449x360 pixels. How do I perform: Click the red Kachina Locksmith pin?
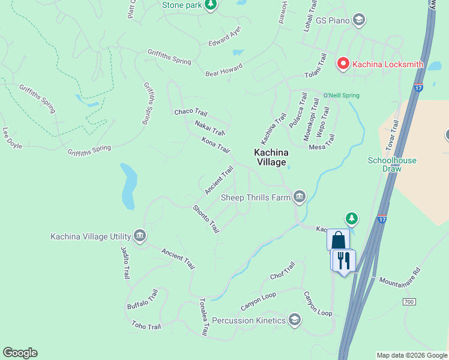coord(343,63)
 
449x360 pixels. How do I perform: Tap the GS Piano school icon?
coord(359,20)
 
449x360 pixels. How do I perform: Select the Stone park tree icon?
coord(210,5)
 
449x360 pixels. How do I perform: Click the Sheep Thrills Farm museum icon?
coord(299,197)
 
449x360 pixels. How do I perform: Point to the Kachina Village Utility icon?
coord(139,236)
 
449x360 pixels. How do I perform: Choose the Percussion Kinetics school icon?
coord(294,320)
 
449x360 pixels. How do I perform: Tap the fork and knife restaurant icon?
coord(344,260)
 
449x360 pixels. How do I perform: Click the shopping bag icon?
coord(338,240)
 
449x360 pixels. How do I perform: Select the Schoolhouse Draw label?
coord(392,164)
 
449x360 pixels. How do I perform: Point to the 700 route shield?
coord(409,301)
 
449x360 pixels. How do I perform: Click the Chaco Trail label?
coord(190,112)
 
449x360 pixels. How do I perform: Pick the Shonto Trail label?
coord(205,219)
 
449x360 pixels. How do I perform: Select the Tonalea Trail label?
coord(203,316)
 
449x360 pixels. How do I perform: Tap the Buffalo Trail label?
coord(142,299)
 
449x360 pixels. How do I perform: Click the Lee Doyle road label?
coord(12,137)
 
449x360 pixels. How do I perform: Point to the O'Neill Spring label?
coord(341,95)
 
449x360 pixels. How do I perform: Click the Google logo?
coord(20,353)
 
